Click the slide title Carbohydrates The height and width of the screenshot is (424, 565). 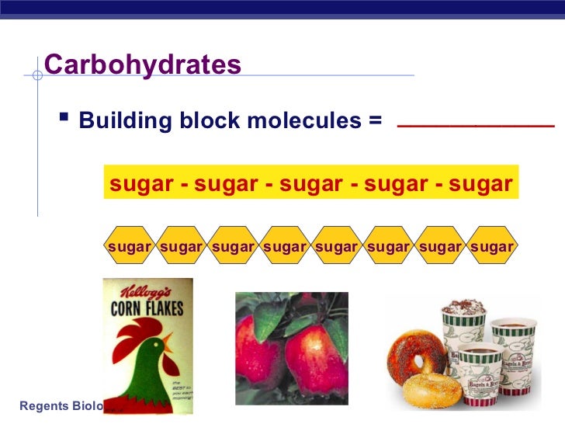coord(143,64)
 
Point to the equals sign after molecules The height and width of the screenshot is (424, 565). coord(376,122)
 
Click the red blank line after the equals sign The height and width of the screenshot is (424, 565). coord(475,125)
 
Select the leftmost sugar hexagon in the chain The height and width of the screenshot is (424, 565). coord(129,247)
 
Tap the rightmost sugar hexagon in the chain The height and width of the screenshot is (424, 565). coord(492,247)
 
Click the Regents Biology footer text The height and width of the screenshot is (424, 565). coord(50,405)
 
